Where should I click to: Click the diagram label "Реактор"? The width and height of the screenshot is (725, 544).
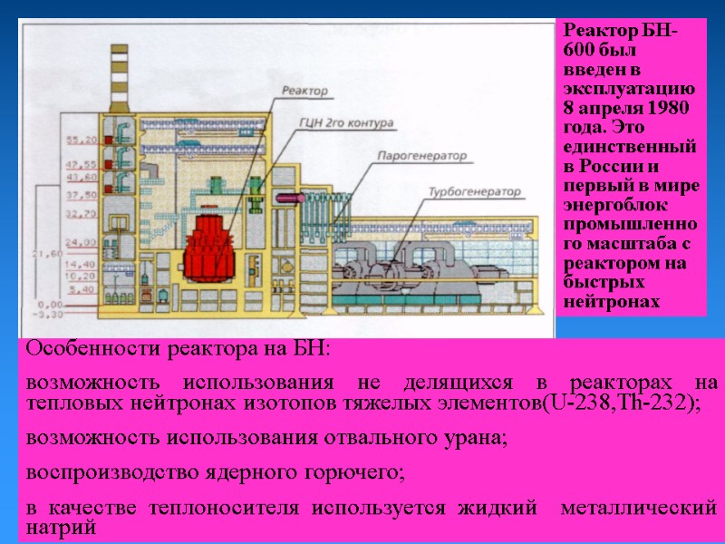coord(304,90)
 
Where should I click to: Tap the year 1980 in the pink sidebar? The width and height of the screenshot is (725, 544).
coord(672,109)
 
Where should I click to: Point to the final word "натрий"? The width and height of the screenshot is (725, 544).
coord(61,527)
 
